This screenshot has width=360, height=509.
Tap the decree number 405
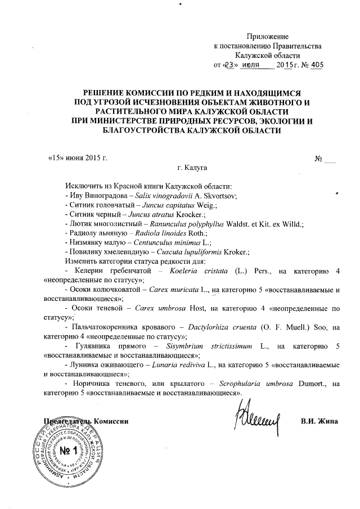point(317,65)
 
